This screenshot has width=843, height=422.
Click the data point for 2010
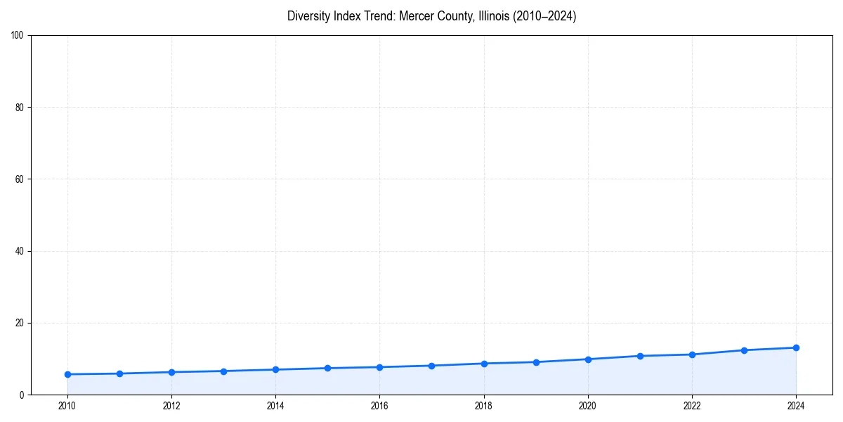point(67,374)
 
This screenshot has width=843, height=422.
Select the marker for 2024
point(796,347)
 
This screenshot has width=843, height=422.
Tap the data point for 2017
point(431,366)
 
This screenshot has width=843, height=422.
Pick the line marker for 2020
point(588,359)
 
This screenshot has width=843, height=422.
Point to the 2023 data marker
point(744,350)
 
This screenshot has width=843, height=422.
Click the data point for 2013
point(223,371)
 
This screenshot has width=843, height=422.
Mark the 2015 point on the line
point(327,368)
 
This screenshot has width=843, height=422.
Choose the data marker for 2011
point(119,373)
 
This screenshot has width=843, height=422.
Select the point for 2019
point(536,362)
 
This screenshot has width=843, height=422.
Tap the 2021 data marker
point(640,356)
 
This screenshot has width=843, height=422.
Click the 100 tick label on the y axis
point(18,36)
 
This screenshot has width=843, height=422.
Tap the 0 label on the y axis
point(22,395)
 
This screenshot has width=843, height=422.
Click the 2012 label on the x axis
point(171,406)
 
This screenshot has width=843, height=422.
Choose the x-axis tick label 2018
point(484,406)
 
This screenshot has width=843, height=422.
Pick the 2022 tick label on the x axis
point(692,406)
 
